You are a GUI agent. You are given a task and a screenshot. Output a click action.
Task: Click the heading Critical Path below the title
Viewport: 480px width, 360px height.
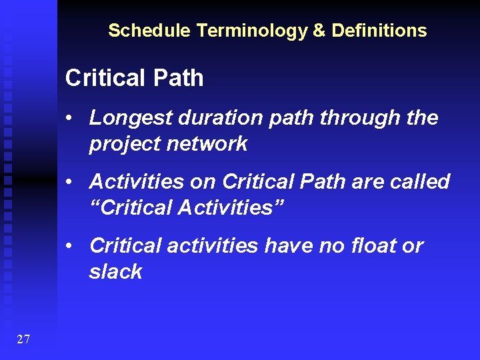(134, 78)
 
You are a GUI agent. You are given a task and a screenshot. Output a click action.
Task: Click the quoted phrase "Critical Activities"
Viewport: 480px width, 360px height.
(187, 207)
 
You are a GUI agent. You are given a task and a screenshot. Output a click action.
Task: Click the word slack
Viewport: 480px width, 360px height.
(115, 271)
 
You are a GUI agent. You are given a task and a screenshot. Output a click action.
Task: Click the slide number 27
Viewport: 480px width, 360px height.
(23, 340)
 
